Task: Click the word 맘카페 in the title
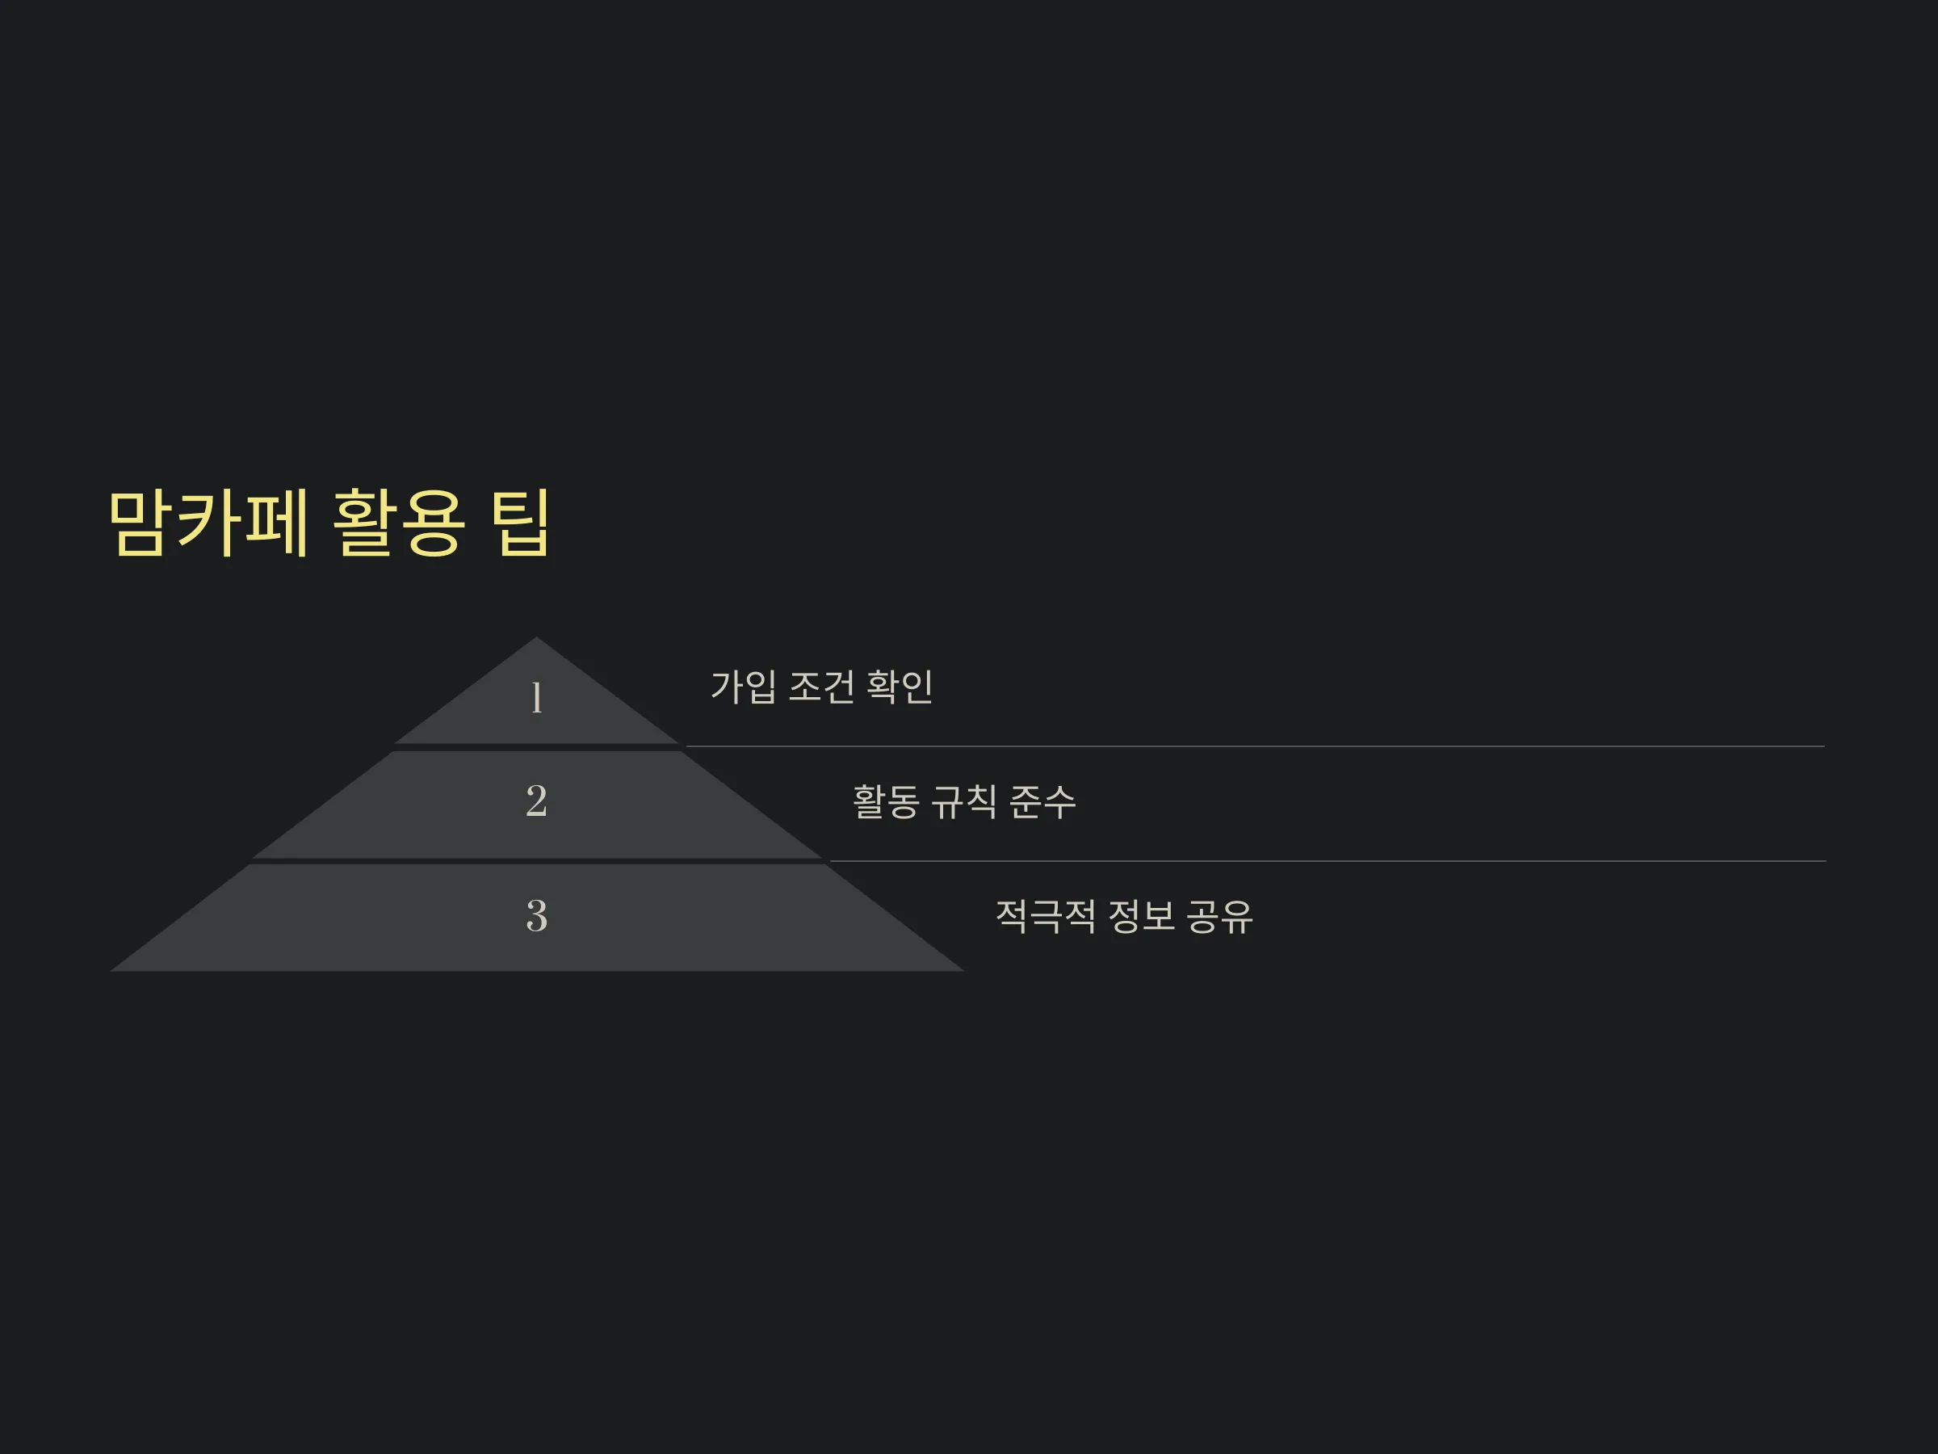(x=208, y=523)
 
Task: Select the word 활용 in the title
(x=398, y=523)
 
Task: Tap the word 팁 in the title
(x=520, y=523)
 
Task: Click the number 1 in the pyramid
(x=536, y=698)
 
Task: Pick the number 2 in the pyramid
(x=536, y=801)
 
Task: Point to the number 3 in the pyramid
(x=536, y=915)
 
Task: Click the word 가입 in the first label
(x=743, y=687)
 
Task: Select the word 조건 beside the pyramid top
(x=822, y=687)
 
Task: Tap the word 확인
(x=900, y=687)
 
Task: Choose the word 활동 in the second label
(x=886, y=801)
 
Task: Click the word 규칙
(x=963, y=801)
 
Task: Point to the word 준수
(x=1042, y=801)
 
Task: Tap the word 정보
(x=1142, y=916)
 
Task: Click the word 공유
(x=1219, y=916)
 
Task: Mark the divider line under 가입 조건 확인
(x=1256, y=746)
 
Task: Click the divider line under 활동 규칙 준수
(x=1328, y=862)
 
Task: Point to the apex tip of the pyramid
(x=536, y=637)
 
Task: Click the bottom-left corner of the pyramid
(x=111, y=971)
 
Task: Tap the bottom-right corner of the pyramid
(x=963, y=971)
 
